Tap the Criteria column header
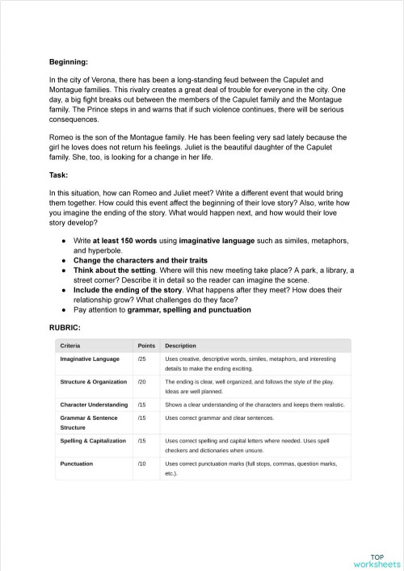(x=71, y=345)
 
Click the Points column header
(x=146, y=345)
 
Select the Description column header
(x=183, y=345)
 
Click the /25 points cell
(x=142, y=359)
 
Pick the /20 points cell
(x=142, y=381)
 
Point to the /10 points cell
(x=142, y=464)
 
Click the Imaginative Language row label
(x=90, y=359)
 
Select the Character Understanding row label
(x=94, y=404)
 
